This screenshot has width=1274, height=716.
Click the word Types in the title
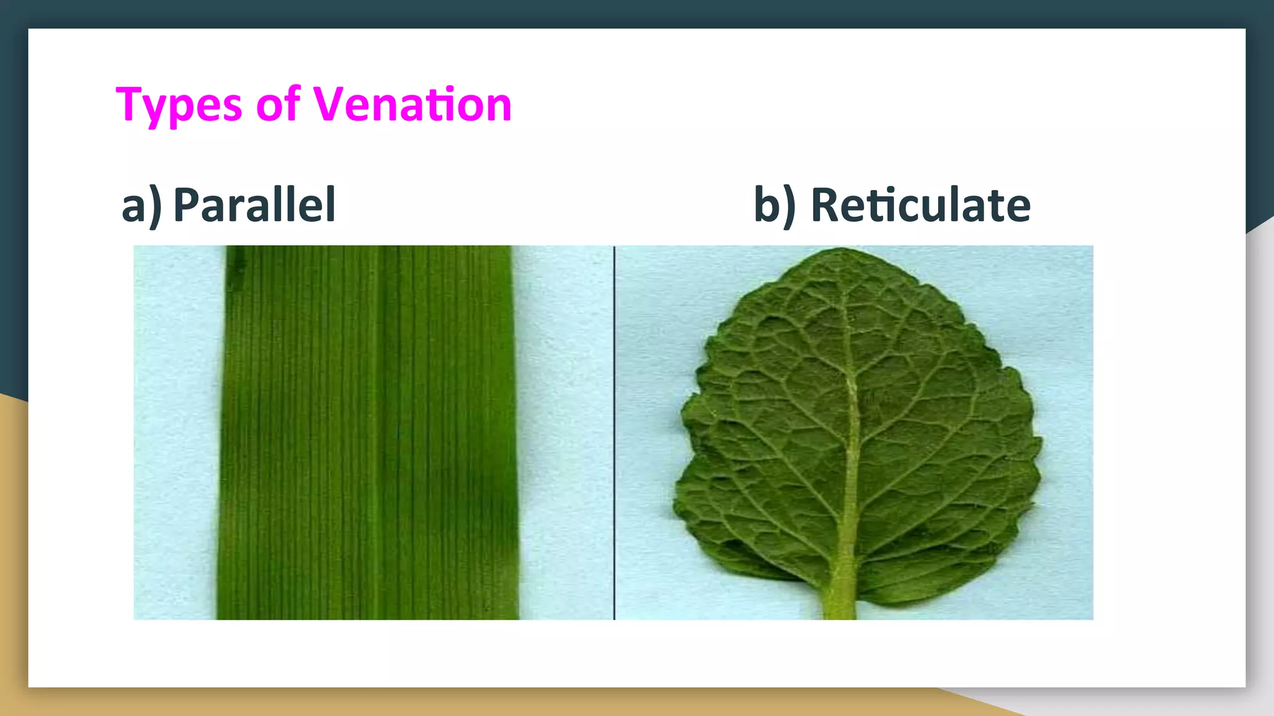[x=179, y=104]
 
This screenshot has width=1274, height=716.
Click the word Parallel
[x=254, y=204]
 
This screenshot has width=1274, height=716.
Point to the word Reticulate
[x=921, y=204]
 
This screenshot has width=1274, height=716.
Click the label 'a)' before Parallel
[x=141, y=206]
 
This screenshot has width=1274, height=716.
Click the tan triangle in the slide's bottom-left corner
[x=12, y=559]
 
